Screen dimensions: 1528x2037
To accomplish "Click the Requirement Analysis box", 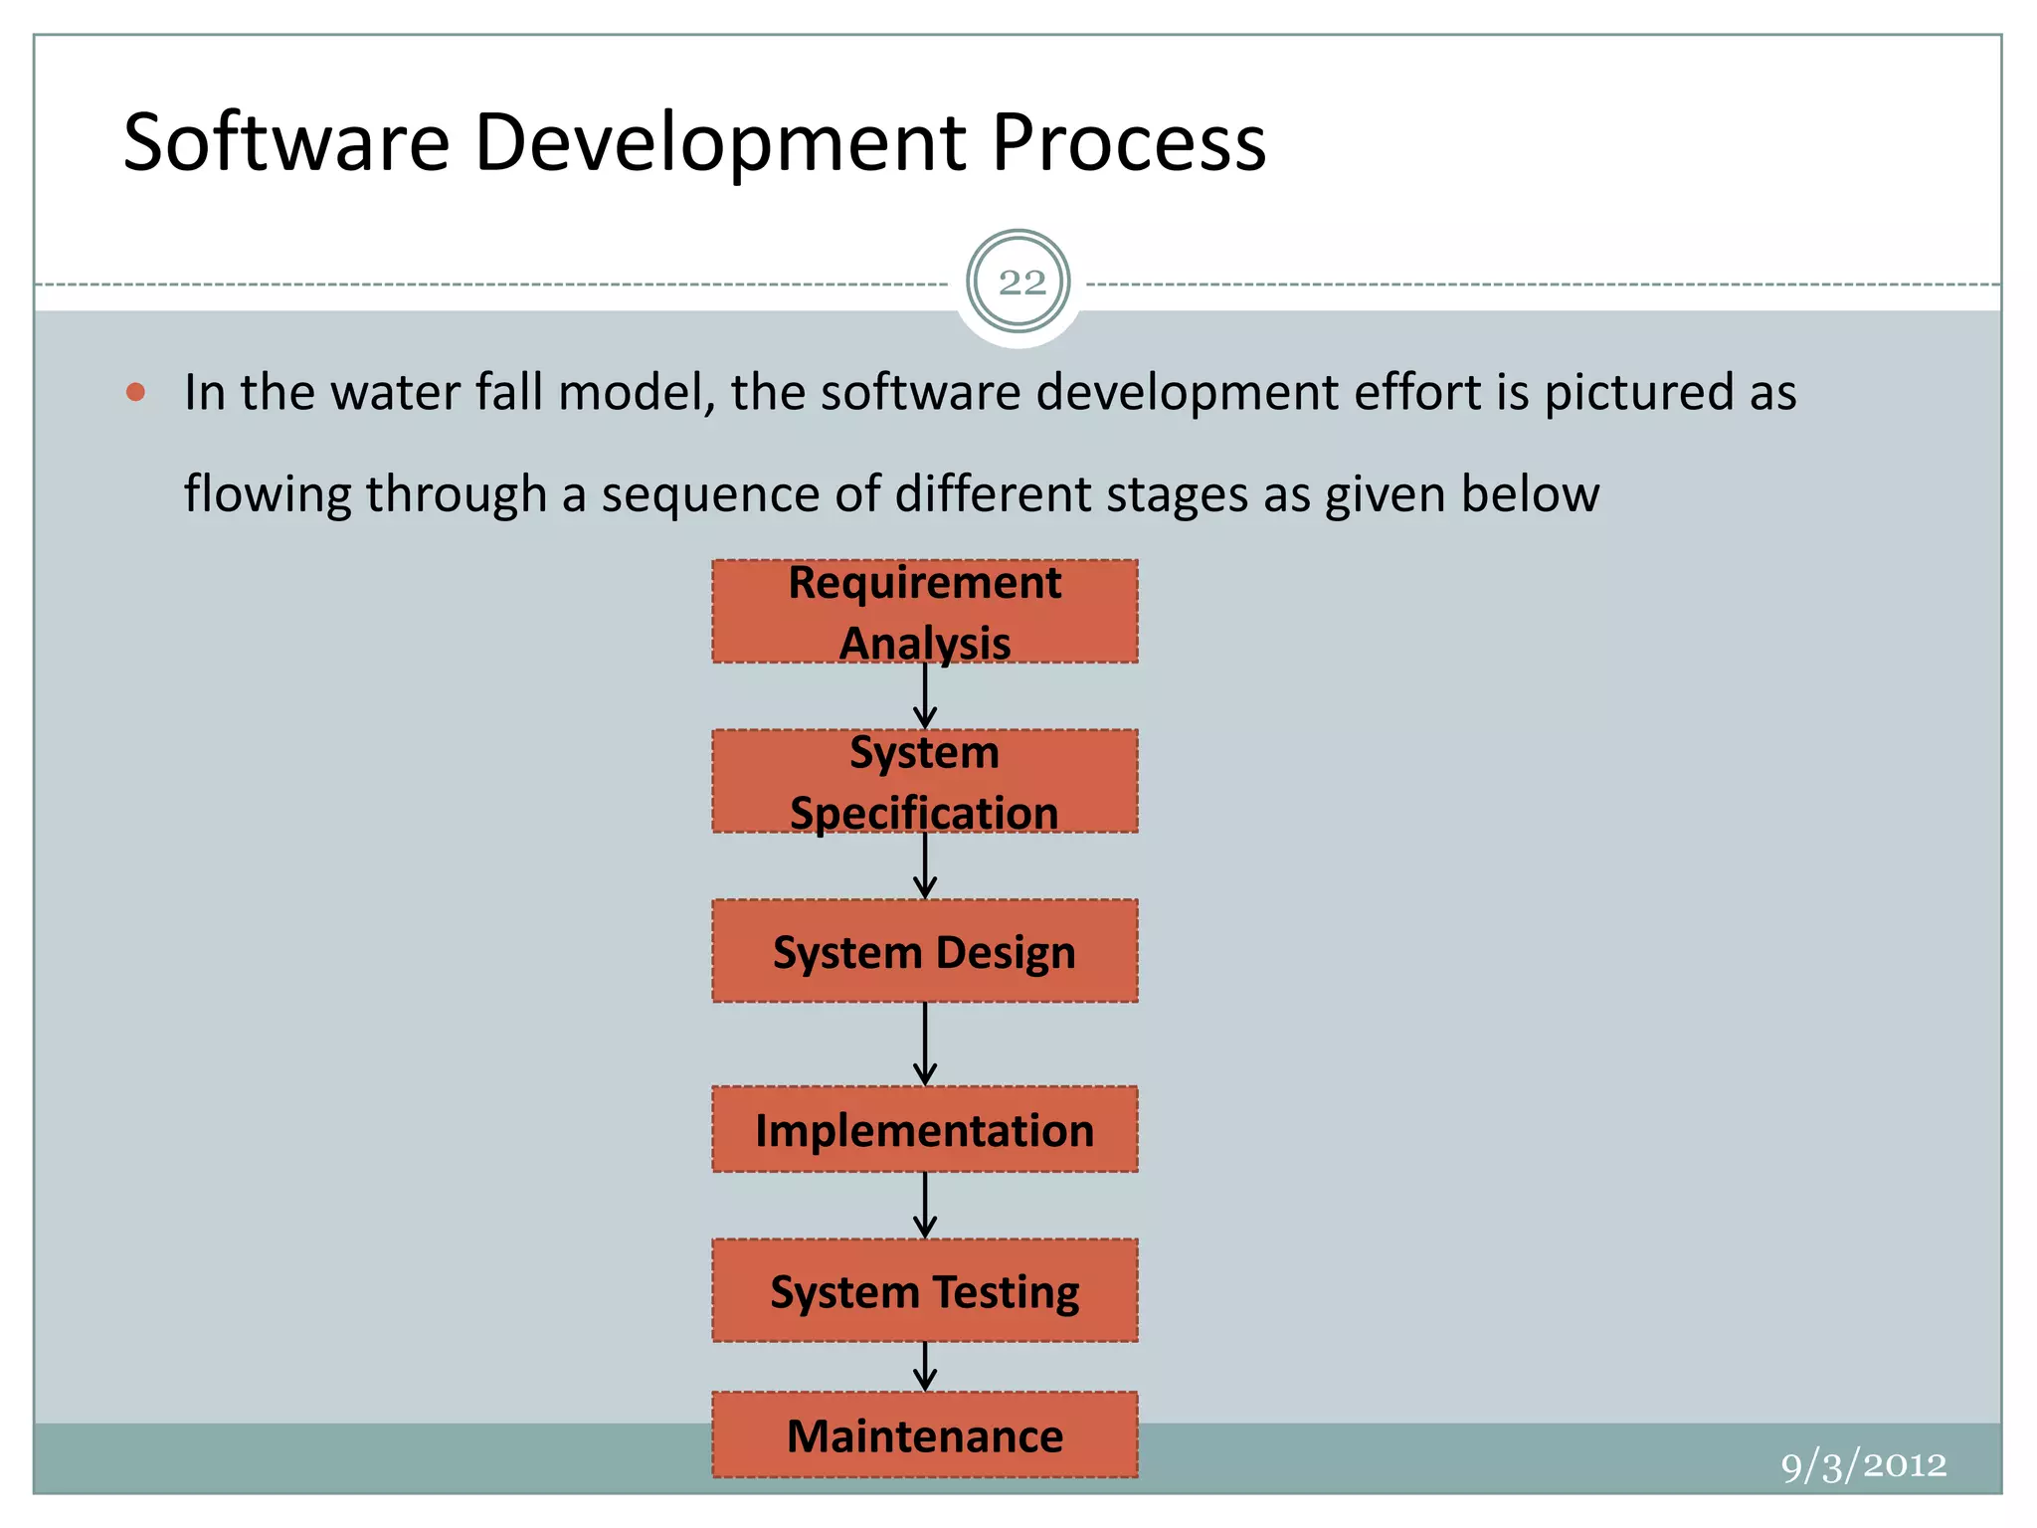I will pos(924,611).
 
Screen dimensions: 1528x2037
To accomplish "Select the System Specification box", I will pos(924,781).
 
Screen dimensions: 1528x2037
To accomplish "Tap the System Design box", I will pos(924,951).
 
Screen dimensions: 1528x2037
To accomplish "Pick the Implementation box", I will pos(924,1129).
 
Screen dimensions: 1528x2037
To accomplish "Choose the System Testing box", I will pos(924,1290).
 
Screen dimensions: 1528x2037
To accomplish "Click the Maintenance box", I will pos(924,1434).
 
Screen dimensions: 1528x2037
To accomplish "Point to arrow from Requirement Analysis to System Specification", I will pos(925,696).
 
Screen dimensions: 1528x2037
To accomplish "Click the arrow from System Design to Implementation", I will pos(925,1044).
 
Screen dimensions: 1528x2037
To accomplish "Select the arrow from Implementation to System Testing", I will pos(925,1205).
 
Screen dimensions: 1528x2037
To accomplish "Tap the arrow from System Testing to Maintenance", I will pos(925,1366).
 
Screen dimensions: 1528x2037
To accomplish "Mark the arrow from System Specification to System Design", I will pos(925,865).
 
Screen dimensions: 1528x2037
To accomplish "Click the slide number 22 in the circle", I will pos(1019,283).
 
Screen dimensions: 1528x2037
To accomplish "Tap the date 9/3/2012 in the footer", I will pos(1863,1465).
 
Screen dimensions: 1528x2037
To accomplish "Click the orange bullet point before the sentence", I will pos(136,392).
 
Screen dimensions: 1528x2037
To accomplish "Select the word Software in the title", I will pos(286,142).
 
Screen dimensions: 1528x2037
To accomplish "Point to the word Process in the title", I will pos(1128,142).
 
